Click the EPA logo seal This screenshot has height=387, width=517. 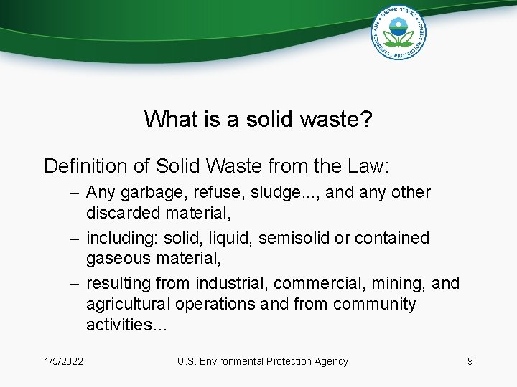pyautogui.click(x=399, y=32)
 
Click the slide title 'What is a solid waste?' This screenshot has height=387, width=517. pyautogui.click(x=258, y=119)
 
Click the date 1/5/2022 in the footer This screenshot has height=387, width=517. pyautogui.click(x=63, y=361)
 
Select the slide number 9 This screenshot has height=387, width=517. pyautogui.click(x=470, y=361)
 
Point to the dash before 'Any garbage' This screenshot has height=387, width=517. pyautogui.click(x=75, y=193)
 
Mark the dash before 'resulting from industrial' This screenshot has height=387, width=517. pyautogui.click(x=75, y=284)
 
